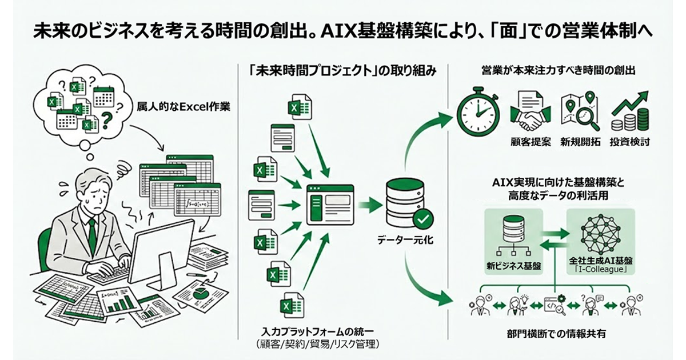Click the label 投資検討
click(630, 142)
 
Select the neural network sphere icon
click(600, 231)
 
